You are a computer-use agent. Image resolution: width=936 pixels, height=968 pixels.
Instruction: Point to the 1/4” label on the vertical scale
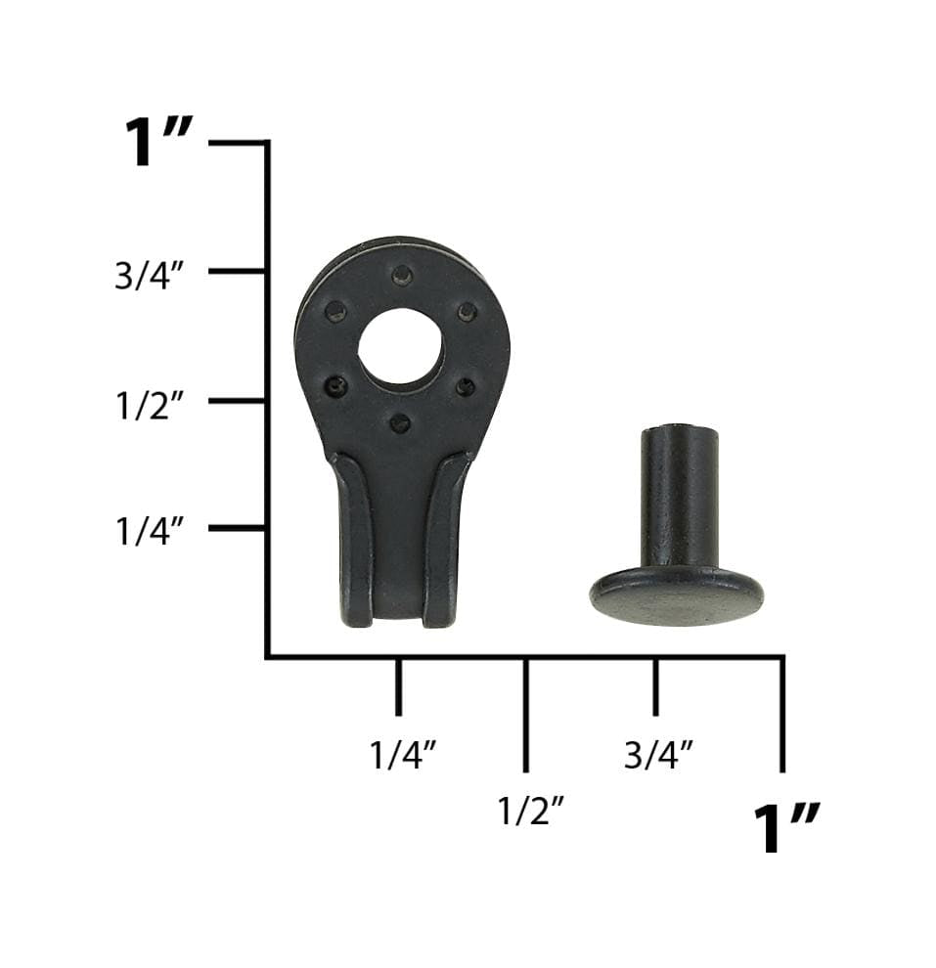coord(150,532)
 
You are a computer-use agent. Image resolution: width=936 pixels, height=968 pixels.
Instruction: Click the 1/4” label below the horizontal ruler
coord(402,755)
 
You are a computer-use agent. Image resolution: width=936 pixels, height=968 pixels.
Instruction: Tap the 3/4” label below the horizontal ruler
coord(658,755)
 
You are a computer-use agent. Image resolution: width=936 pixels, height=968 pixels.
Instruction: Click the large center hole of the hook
coord(400,346)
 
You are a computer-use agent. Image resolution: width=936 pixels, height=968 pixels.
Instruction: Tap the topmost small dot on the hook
coord(401,275)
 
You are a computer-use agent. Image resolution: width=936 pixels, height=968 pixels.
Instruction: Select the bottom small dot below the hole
coord(399,423)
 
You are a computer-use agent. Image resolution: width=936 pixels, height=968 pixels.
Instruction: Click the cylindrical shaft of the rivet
coord(678,495)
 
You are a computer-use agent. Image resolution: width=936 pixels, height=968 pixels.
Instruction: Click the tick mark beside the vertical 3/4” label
coord(238,270)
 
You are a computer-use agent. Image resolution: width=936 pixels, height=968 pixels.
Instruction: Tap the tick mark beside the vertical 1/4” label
coord(238,528)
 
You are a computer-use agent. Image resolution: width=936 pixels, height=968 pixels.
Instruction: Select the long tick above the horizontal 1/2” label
coord(526,714)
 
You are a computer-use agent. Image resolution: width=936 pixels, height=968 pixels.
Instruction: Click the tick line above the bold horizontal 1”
coord(782,714)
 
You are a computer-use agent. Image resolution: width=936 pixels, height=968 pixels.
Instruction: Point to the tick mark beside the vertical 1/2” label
coord(238,400)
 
